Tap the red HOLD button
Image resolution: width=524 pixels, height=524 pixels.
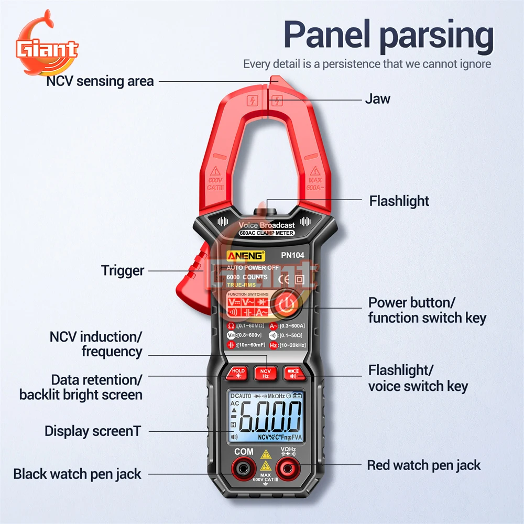click(238, 373)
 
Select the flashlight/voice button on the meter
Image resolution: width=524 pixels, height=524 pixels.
click(292, 373)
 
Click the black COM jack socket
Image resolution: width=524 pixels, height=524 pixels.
click(243, 466)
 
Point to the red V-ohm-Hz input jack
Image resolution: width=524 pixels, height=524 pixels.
click(288, 466)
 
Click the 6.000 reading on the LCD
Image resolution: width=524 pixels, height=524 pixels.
click(270, 417)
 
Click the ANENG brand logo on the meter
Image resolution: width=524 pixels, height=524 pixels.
click(246, 256)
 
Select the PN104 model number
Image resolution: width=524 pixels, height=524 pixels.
click(292, 256)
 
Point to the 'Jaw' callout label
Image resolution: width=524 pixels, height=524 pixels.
click(377, 99)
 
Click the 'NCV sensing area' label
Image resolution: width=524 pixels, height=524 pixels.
click(100, 81)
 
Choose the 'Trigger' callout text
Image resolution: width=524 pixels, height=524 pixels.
click(122, 270)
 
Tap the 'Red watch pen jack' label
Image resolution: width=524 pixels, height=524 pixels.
click(423, 465)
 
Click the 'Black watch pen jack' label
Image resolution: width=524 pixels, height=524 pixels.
click(77, 474)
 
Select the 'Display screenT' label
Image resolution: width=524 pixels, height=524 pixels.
click(93, 431)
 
